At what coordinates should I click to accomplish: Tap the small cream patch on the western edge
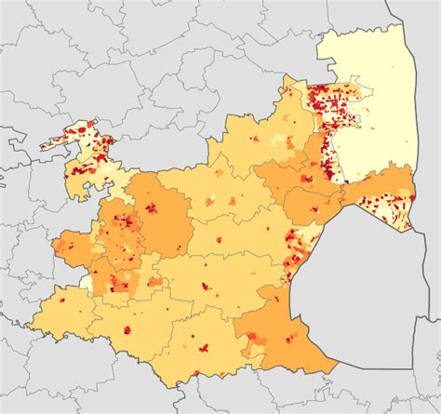coord(87,279)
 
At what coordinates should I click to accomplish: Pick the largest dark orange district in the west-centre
coord(163,219)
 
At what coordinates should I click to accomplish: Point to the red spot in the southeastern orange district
coord(297,339)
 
